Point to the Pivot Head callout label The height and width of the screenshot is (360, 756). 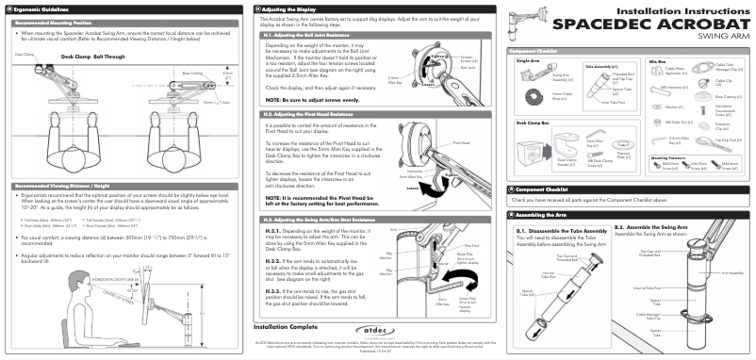pos(461,143)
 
